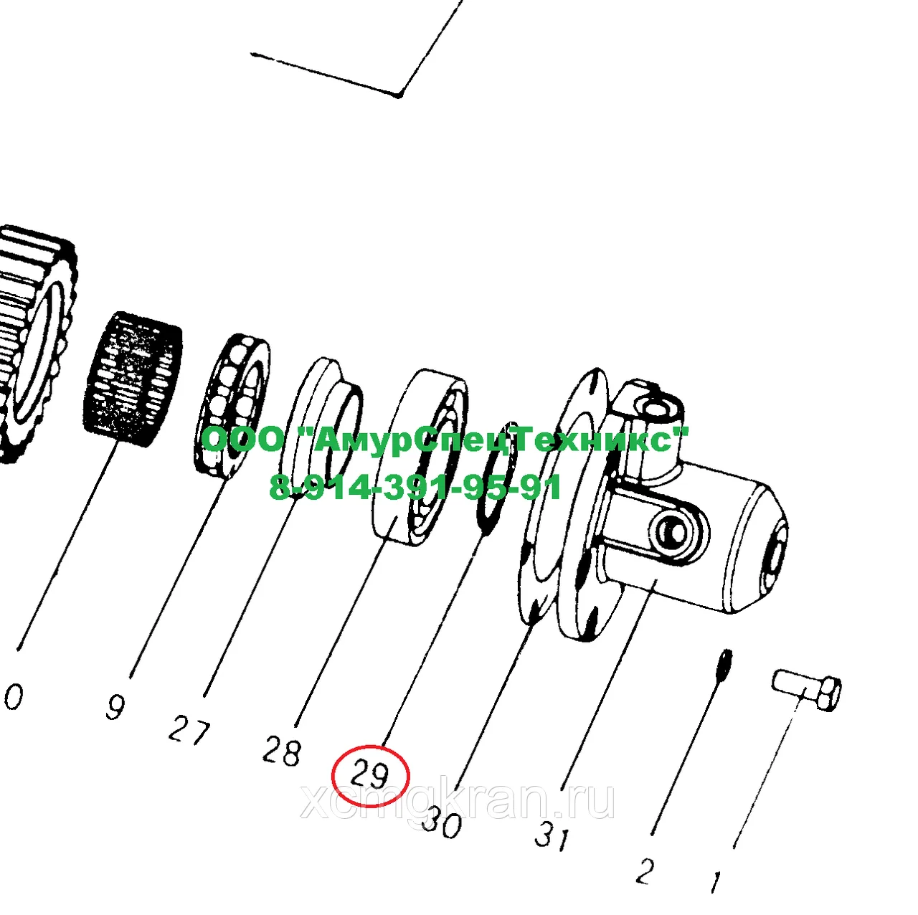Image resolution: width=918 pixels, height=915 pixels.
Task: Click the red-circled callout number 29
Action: coord(369,775)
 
